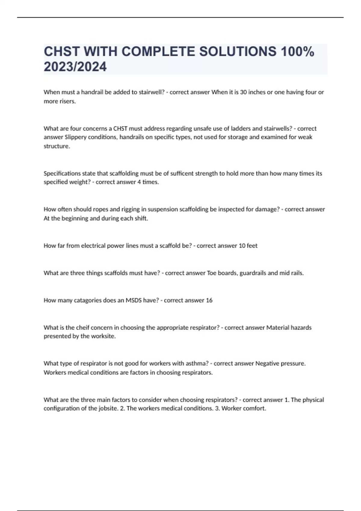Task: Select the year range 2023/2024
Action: tap(75, 67)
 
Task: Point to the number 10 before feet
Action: tap(242, 246)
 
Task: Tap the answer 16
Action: tap(209, 300)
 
